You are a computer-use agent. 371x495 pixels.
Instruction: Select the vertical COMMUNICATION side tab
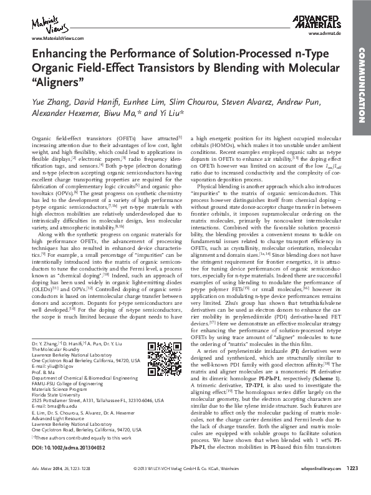(x=362, y=87)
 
